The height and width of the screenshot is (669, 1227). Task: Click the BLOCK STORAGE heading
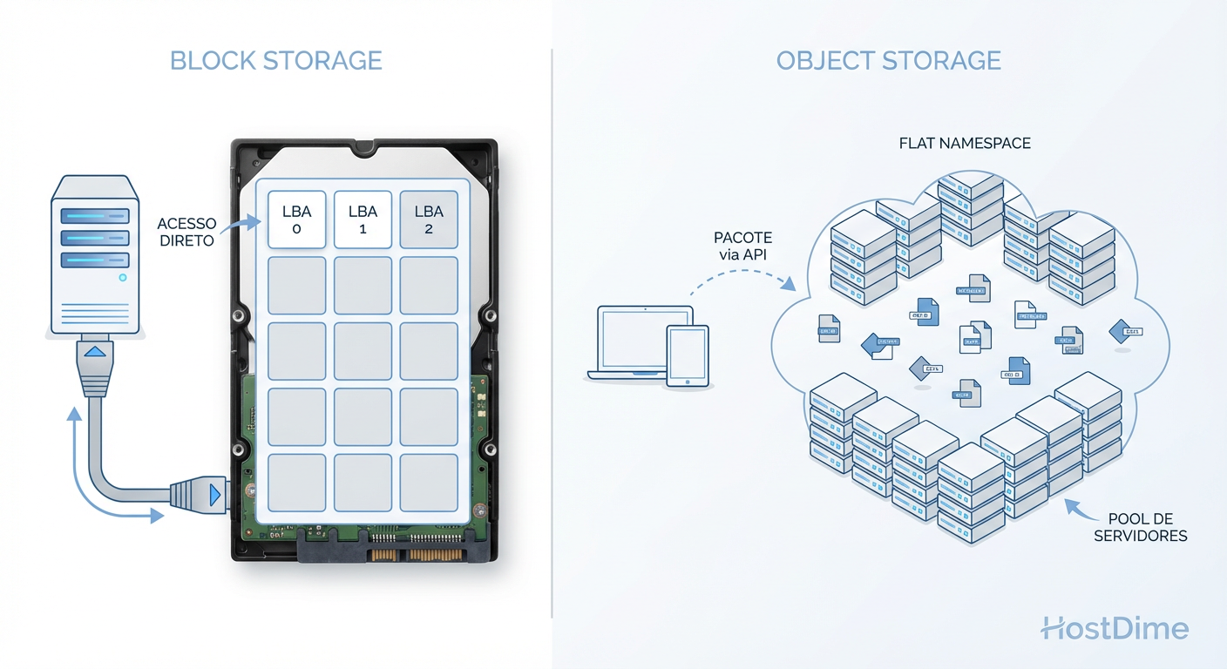(275, 61)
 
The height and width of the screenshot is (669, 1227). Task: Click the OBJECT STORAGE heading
(888, 61)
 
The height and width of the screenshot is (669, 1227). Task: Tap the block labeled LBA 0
(296, 220)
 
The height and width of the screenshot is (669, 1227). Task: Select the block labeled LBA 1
(363, 220)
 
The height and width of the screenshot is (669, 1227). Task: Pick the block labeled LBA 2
(429, 220)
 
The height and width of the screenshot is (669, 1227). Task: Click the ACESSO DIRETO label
(186, 233)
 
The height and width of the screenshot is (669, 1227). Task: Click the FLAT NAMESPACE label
(965, 143)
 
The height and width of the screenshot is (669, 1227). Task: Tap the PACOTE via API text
(742, 246)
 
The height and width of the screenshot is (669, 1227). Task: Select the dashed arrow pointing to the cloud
(741, 277)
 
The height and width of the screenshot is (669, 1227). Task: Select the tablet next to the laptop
(688, 355)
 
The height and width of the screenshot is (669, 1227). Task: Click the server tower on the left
(95, 253)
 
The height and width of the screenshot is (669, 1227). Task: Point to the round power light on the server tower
(122, 278)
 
